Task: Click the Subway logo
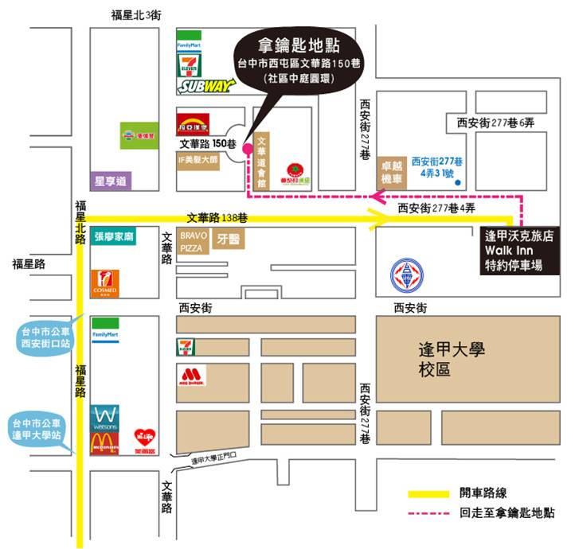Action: pyautogui.click(x=205, y=86)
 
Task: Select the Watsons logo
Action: pyautogui.click(x=105, y=418)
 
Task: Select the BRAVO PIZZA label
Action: pyautogui.click(x=194, y=242)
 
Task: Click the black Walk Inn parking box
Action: pyautogui.click(x=525, y=251)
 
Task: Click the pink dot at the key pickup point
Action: pyautogui.click(x=247, y=148)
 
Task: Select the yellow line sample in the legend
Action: pyautogui.click(x=429, y=494)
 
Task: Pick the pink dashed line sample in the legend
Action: pyautogui.click(x=429, y=515)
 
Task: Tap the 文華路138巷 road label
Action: pyautogui.click(x=216, y=217)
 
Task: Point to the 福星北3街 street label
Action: pyautogui.click(x=138, y=15)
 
